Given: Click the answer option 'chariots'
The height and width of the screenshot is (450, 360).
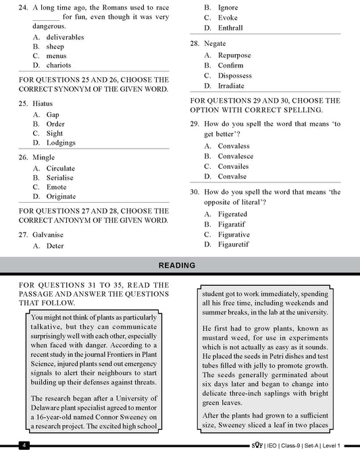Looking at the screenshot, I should click(x=61, y=65).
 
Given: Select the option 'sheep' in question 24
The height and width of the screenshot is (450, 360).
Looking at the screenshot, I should click(x=55, y=46).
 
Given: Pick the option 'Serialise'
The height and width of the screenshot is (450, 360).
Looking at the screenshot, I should click(x=60, y=178).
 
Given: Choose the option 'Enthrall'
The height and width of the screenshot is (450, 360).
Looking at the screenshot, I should click(x=230, y=28).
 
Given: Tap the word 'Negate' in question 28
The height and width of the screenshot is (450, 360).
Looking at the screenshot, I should click(x=215, y=43).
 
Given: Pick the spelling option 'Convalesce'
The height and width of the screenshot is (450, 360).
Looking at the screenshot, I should click(x=236, y=156).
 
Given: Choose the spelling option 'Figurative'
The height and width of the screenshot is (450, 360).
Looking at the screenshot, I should click(x=234, y=234).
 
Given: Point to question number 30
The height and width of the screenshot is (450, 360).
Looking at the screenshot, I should click(x=194, y=193).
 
